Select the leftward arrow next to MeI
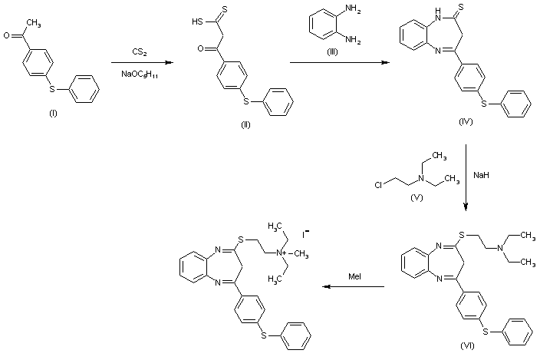[352, 286]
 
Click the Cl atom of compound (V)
[379, 184]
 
